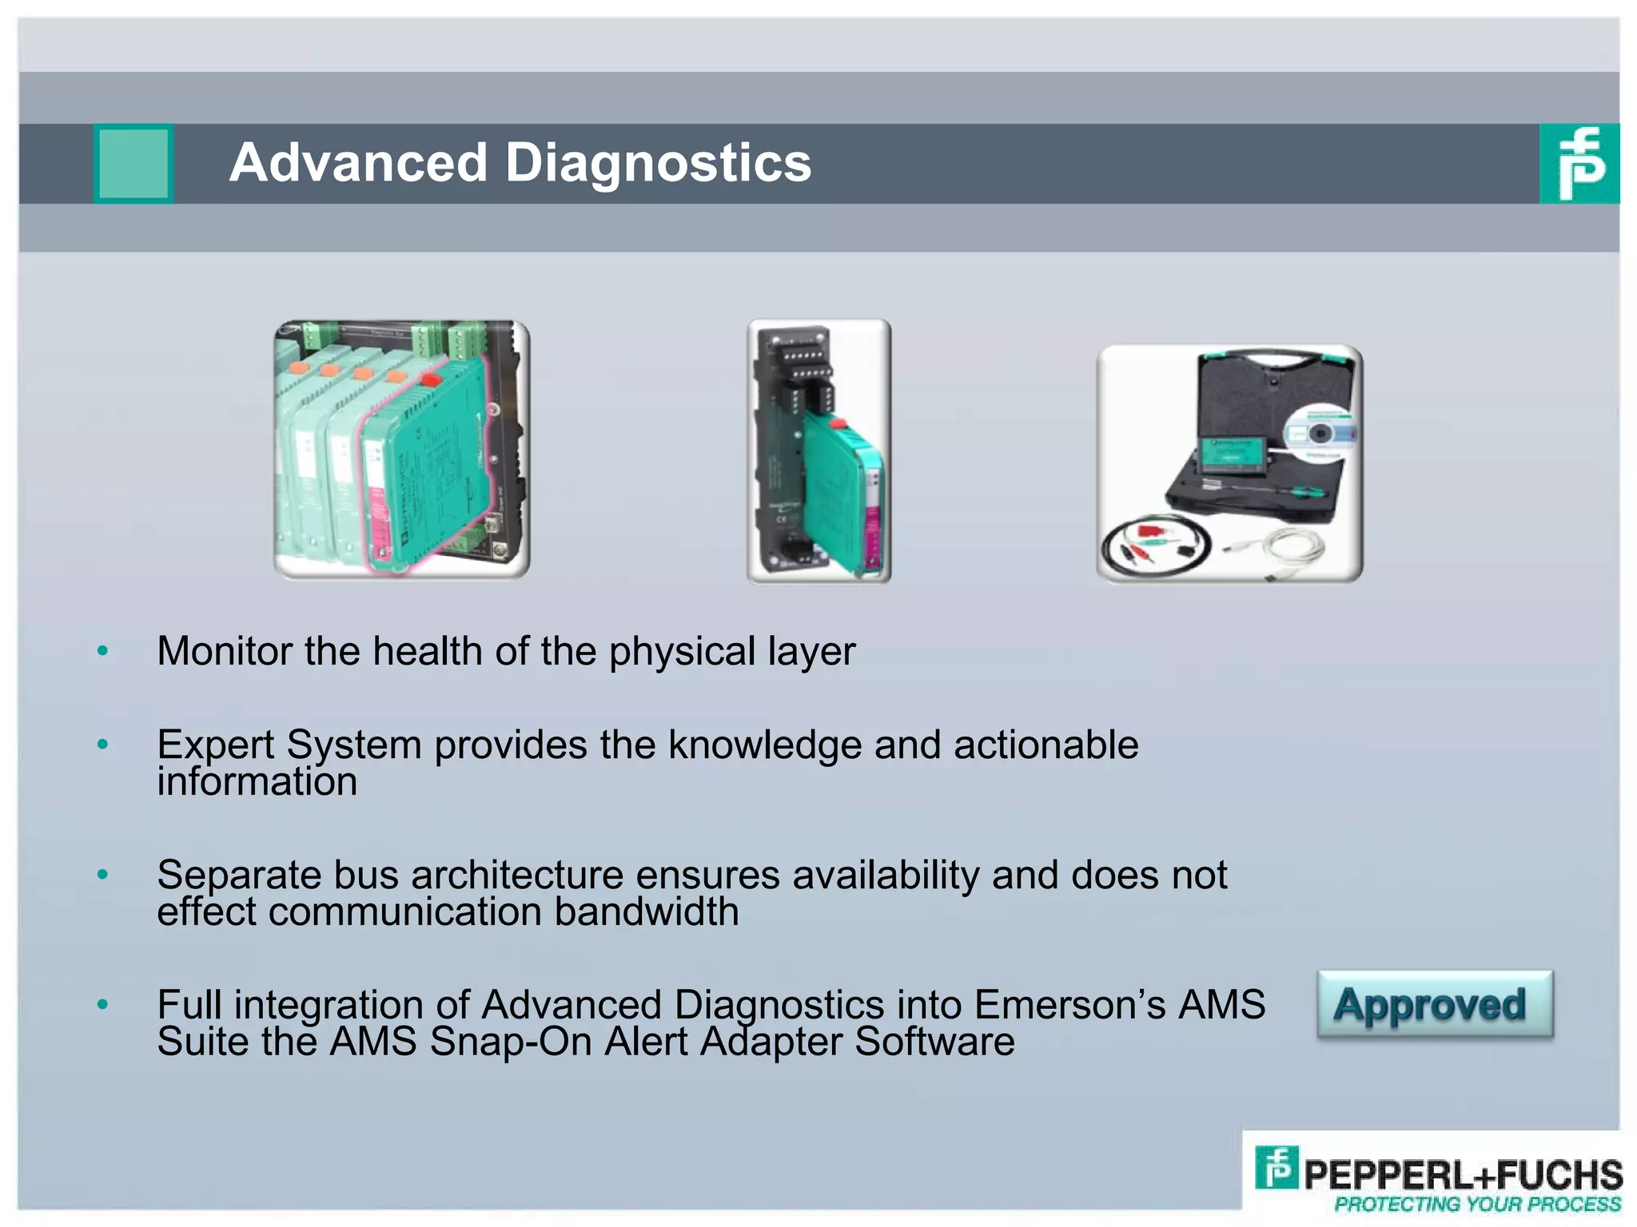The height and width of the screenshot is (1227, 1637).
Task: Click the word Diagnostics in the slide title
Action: pos(658,163)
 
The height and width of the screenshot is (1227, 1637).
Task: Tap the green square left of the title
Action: pos(133,164)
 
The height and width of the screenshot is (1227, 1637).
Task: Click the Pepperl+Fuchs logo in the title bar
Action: pos(1579,164)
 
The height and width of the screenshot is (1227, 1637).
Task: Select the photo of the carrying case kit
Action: pos(1229,463)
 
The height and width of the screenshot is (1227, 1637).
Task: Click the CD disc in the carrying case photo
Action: pos(1320,434)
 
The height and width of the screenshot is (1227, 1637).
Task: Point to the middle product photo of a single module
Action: pos(818,451)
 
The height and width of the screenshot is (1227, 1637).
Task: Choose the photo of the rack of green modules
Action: pos(402,449)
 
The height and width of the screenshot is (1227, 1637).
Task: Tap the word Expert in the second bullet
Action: pos(215,745)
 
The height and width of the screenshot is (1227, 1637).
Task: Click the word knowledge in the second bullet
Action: pos(765,745)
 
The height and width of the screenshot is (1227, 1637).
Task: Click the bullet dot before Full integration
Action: pos(102,1004)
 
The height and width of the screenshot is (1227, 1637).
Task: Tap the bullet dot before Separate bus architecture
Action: pos(102,875)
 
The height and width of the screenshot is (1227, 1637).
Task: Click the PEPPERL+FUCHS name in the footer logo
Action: pos(1463,1174)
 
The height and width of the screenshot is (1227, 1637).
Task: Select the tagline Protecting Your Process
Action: pos(1477,1205)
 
